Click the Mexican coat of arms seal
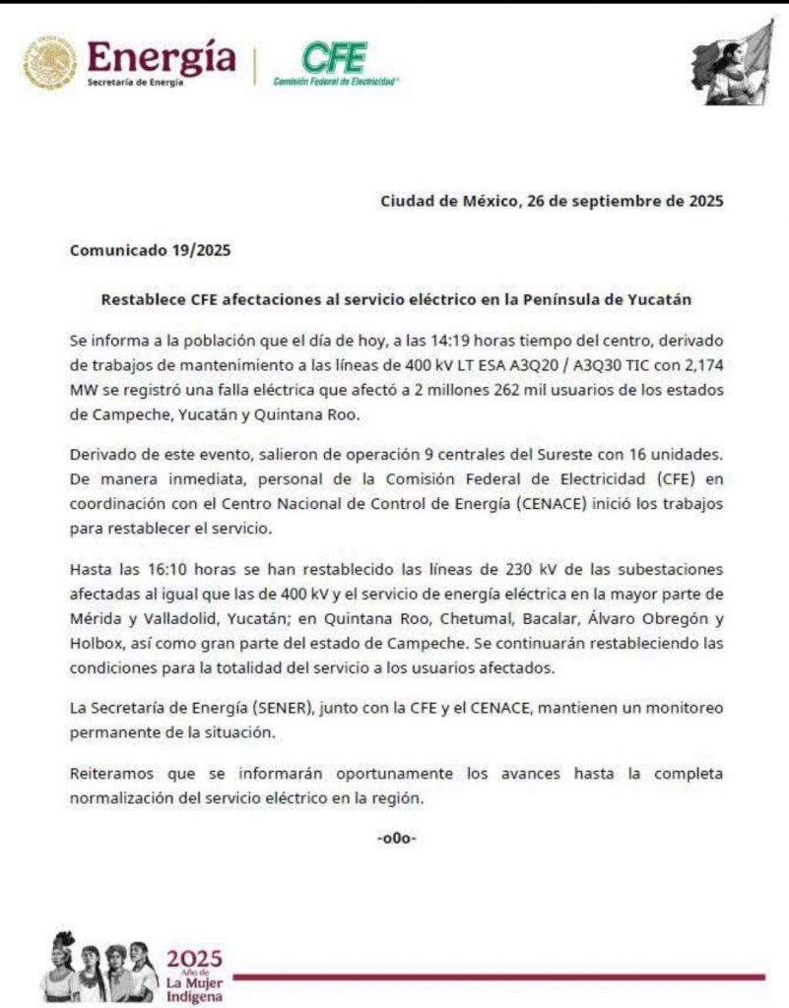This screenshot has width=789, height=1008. click(49, 64)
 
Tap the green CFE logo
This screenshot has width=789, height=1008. click(334, 58)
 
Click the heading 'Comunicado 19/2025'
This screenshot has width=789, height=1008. click(150, 250)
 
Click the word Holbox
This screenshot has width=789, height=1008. click(95, 644)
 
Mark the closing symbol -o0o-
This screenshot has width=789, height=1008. click(396, 839)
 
